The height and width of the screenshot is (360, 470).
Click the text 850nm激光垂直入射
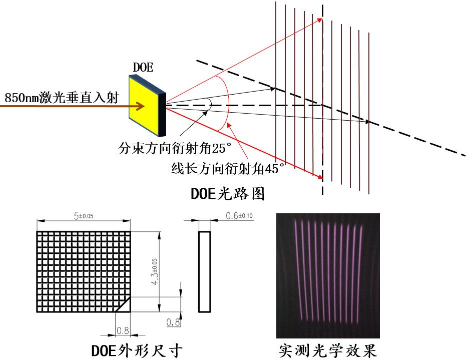click(62, 97)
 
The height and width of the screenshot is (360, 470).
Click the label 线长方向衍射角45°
click(228, 168)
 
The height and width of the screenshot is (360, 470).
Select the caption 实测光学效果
click(328, 350)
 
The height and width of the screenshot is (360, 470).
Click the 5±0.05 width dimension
click(84, 216)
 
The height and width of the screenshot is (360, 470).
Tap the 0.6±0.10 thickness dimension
click(239, 216)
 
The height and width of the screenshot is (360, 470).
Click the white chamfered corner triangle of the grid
click(125, 306)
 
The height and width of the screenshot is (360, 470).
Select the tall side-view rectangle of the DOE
click(205, 272)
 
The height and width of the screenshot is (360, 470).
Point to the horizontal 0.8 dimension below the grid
click(123, 330)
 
